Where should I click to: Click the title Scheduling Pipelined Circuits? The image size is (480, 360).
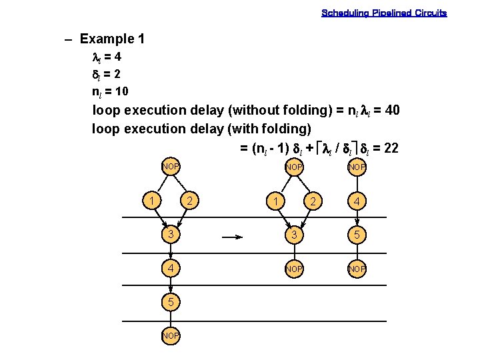click(384, 13)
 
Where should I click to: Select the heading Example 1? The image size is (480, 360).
click(111, 39)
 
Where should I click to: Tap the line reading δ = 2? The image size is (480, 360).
click(106, 73)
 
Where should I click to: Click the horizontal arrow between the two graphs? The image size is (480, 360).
click(231, 235)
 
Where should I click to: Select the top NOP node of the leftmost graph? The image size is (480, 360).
click(171, 165)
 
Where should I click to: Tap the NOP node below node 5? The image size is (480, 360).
click(171, 336)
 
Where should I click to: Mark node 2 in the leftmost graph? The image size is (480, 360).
click(189, 201)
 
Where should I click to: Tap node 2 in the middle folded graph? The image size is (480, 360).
click(311, 201)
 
